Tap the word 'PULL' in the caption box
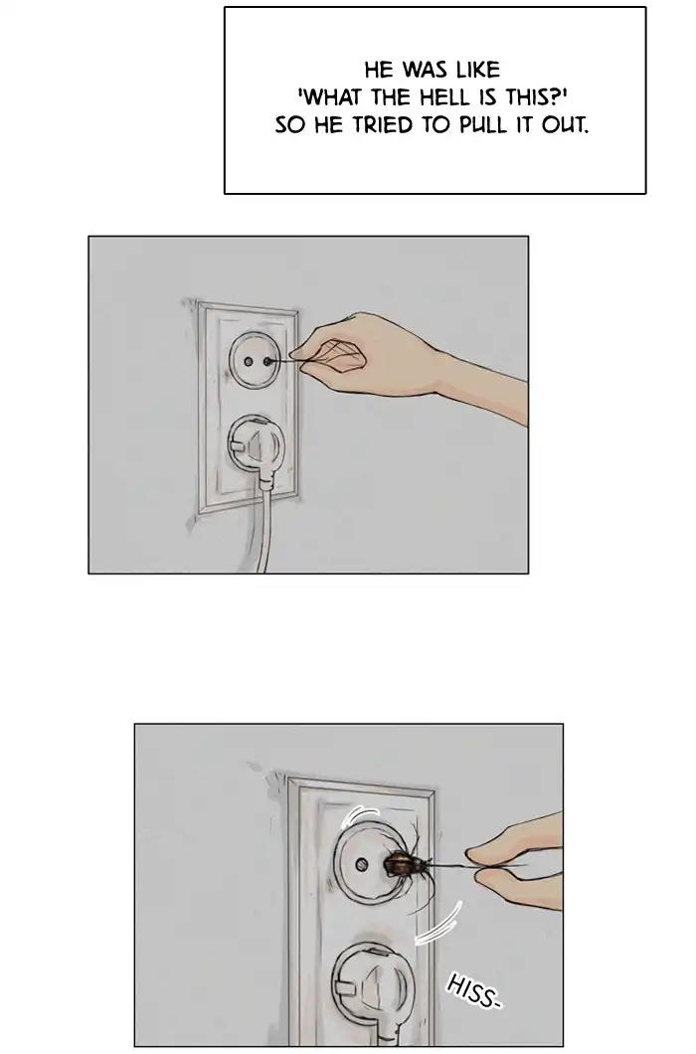pyautogui.click(x=479, y=125)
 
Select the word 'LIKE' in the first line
pyautogui.click(x=479, y=70)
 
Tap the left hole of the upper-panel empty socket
pyautogui.click(x=249, y=362)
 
